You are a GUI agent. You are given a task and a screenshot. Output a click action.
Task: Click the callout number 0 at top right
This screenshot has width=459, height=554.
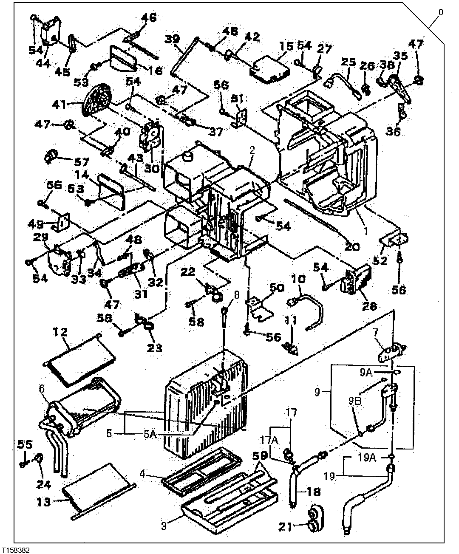pyautogui.click(x=440, y=12)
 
